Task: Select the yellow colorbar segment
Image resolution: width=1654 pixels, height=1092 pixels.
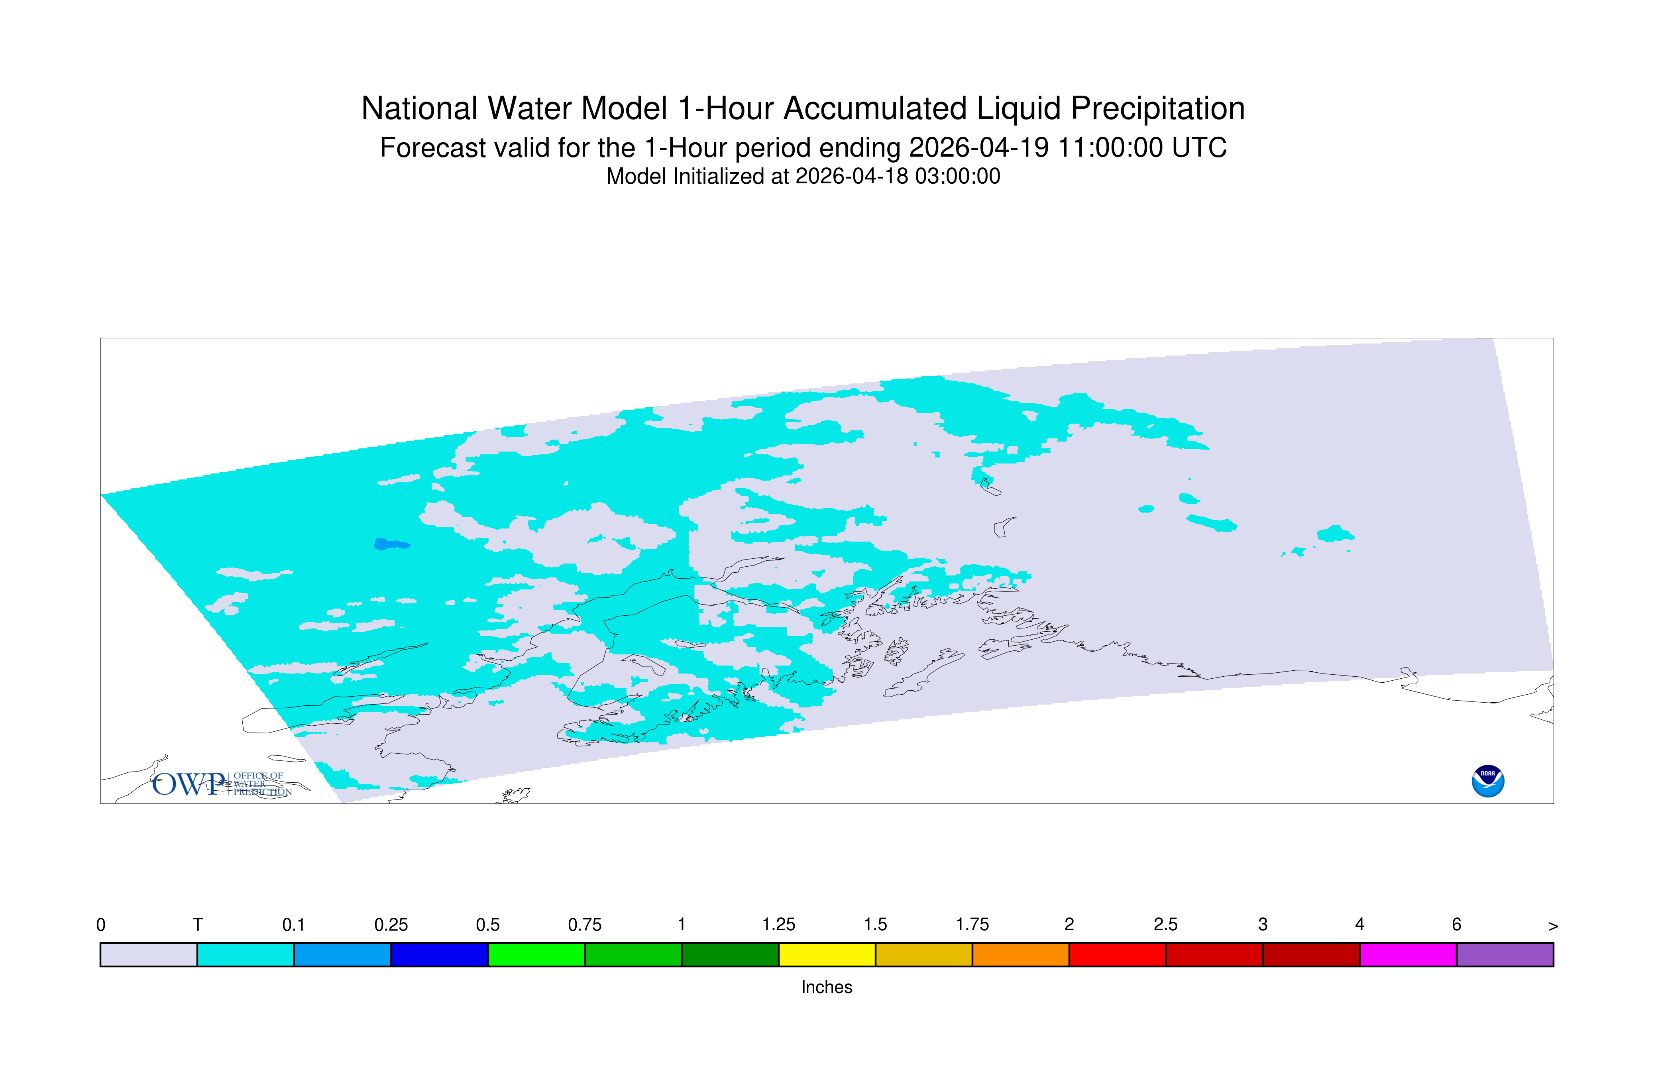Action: point(827,955)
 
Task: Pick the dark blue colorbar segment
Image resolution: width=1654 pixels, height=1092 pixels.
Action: point(440,955)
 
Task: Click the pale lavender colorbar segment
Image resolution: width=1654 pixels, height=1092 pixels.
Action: point(149,955)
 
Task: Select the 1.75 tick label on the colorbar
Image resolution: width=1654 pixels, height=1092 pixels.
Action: point(972,925)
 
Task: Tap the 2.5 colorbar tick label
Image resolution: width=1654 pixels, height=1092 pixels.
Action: point(1166,925)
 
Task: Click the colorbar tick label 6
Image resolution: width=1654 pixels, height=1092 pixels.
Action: point(1456,925)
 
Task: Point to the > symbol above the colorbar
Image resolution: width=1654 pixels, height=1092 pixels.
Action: point(1553,926)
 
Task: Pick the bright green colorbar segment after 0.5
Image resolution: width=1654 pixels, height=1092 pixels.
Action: point(536,955)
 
